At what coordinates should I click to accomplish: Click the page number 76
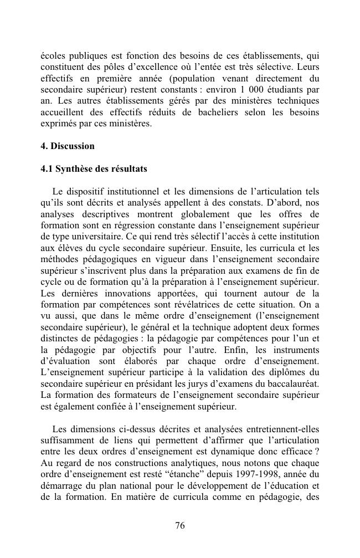tap(180, 526)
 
